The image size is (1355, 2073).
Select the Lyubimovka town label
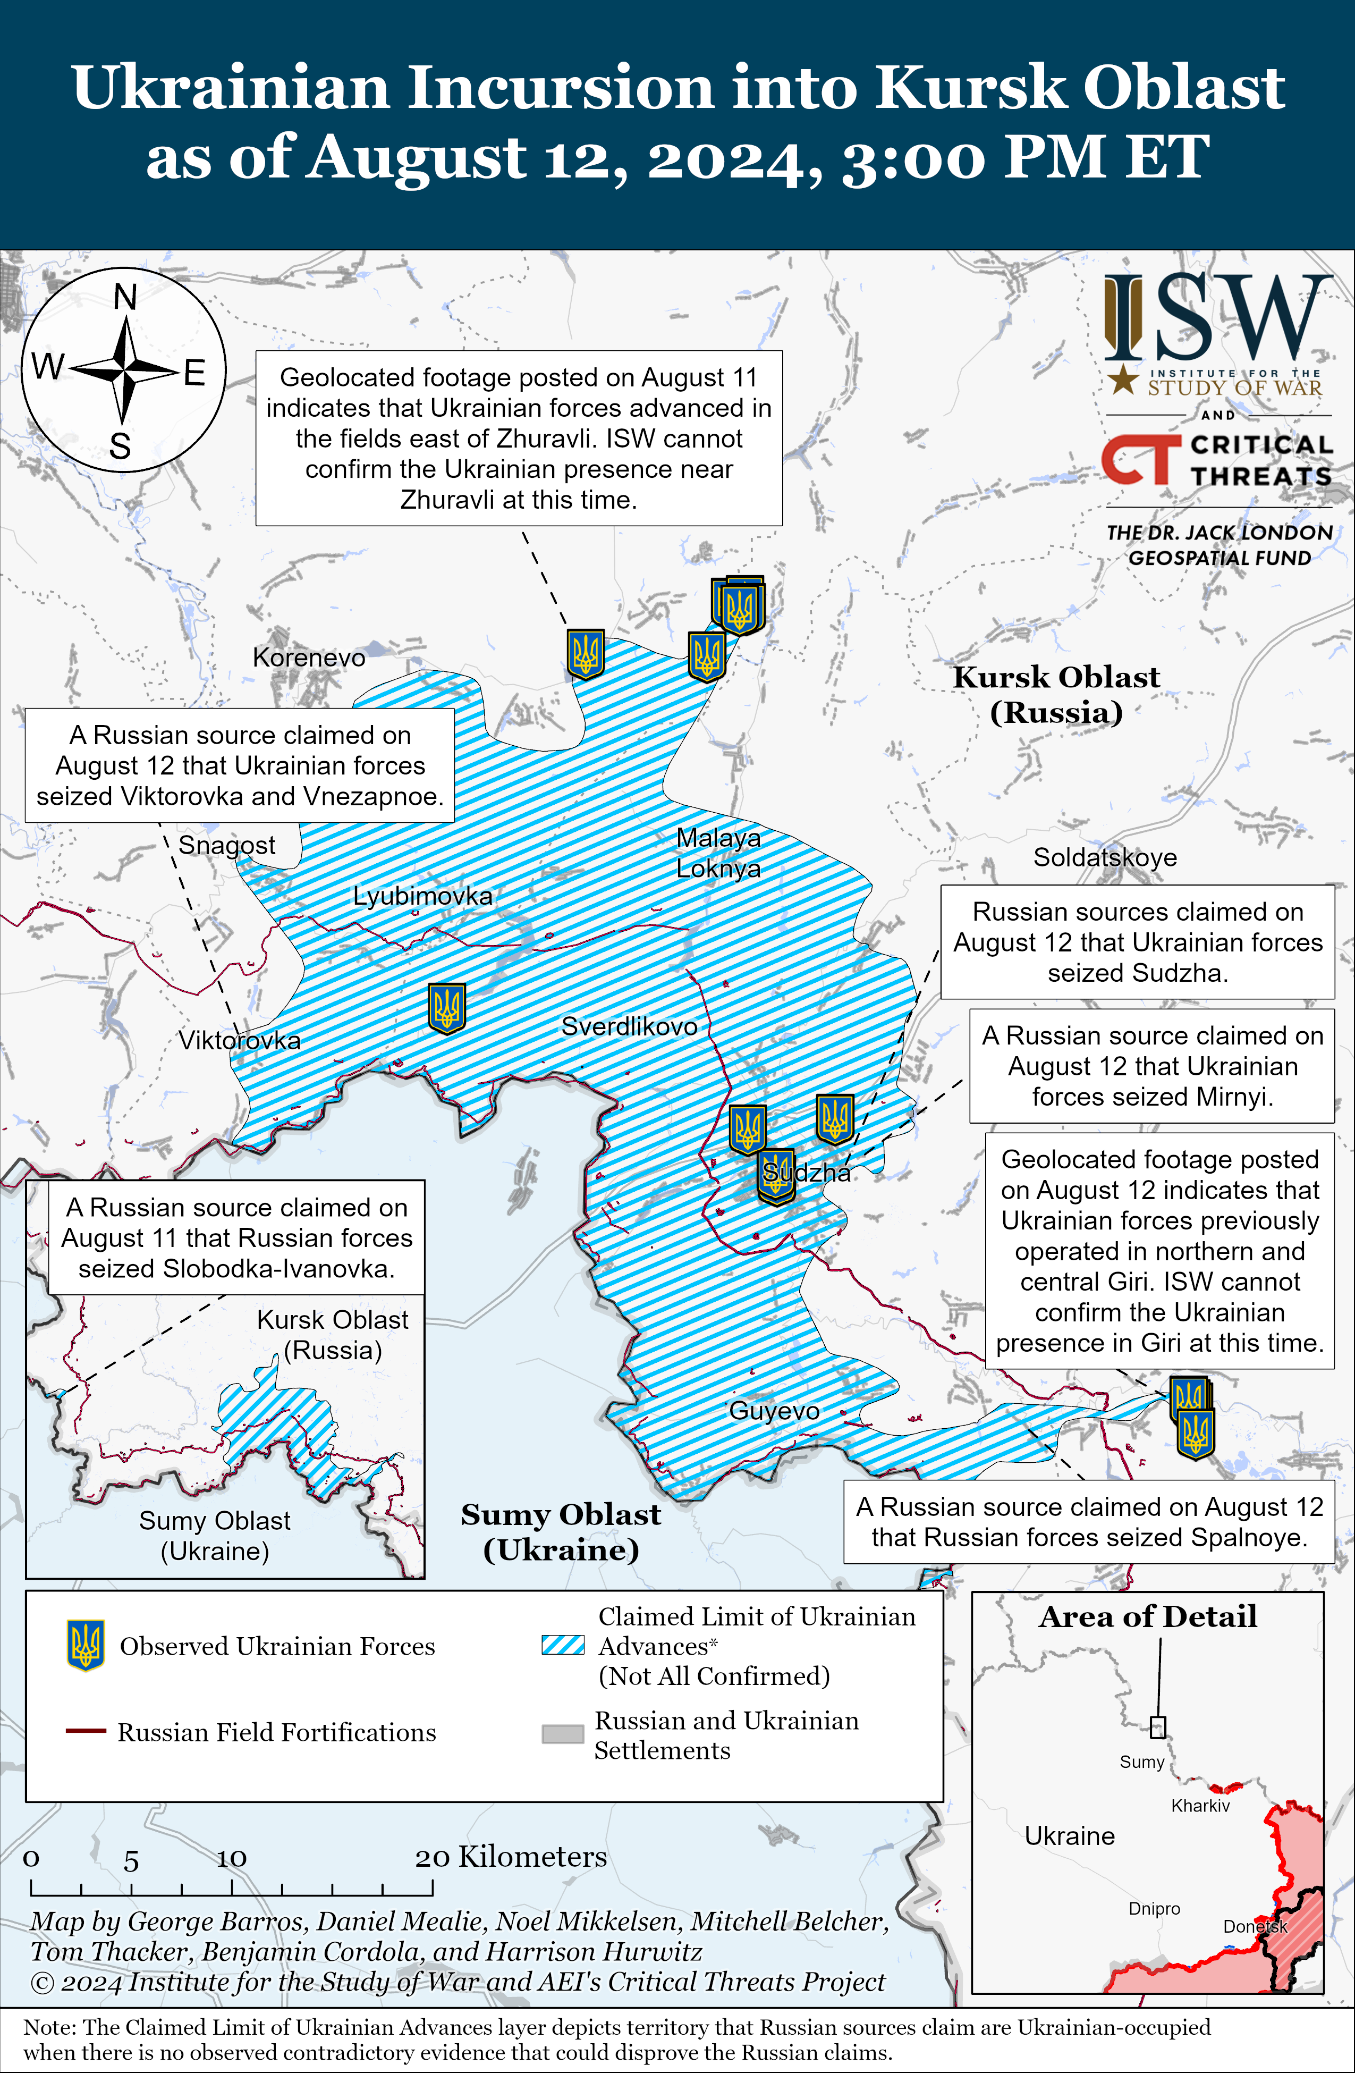(422, 896)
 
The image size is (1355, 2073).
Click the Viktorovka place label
(240, 1040)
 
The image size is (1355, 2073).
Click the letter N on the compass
(125, 298)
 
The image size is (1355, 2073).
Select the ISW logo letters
(1217, 318)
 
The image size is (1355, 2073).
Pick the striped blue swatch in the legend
(563, 1645)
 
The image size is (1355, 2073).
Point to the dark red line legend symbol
(86, 1732)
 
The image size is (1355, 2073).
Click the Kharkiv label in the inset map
(1200, 1806)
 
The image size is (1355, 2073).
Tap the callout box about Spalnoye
(1089, 1522)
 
